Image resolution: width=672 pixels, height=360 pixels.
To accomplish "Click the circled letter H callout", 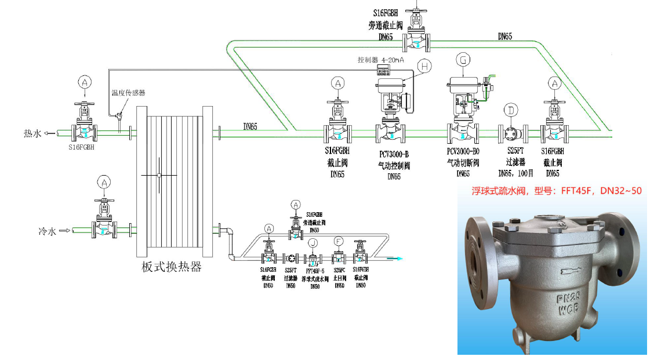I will pyautogui.click(x=425, y=67).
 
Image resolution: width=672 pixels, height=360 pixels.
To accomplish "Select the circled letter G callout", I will pyautogui.click(x=463, y=59).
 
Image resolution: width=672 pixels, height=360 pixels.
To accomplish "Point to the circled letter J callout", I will pyautogui.click(x=313, y=242).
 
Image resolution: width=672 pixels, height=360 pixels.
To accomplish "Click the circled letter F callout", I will pyautogui.click(x=339, y=242).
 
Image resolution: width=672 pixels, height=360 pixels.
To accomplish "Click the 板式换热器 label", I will pyautogui.click(x=172, y=267).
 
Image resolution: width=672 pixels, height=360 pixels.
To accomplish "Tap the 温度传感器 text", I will pyautogui.click(x=128, y=93).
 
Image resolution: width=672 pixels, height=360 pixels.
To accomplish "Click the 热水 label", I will pyautogui.click(x=32, y=133).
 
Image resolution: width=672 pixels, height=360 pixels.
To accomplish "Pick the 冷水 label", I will pyautogui.click(x=47, y=231).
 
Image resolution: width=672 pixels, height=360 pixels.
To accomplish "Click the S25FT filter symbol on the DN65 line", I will pyautogui.click(x=511, y=133).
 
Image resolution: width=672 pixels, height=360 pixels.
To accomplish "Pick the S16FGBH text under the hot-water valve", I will pyautogui.click(x=81, y=148).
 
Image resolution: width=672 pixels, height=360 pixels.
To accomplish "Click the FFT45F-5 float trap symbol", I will pyautogui.click(x=313, y=258).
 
